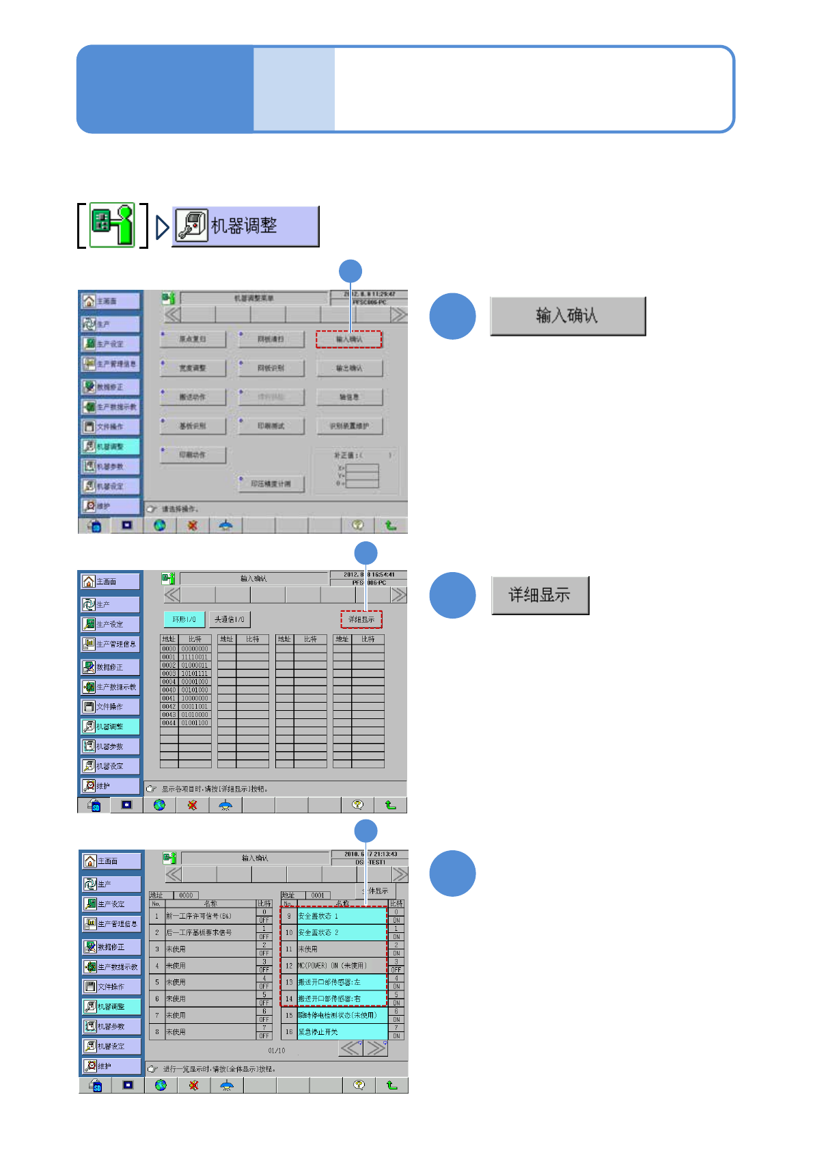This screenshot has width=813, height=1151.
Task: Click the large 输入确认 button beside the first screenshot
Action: (567, 316)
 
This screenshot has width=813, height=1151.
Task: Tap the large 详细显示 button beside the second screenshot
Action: (540, 595)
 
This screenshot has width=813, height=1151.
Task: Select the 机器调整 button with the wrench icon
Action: (245, 226)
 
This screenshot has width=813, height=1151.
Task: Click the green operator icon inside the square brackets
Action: (113, 224)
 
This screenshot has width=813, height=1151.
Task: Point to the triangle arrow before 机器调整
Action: (162, 227)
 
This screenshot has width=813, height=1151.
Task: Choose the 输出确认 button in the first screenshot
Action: (349, 368)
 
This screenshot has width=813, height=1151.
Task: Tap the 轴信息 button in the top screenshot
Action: (349, 397)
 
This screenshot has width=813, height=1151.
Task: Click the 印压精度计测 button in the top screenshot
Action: (271, 484)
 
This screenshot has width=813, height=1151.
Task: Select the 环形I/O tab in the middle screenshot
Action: (184, 619)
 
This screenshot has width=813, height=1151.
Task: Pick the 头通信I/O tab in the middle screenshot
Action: (230, 619)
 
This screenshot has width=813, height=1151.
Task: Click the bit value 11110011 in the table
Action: (195, 657)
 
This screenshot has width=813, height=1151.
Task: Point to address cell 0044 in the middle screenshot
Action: (169, 722)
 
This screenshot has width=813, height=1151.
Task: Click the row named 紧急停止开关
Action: (342, 1032)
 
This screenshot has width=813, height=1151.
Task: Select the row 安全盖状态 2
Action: (342, 932)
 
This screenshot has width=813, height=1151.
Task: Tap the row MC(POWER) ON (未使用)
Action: (342, 966)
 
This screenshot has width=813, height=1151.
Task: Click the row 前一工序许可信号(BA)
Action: (210, 916)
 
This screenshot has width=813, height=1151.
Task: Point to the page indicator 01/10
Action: (277, 1051)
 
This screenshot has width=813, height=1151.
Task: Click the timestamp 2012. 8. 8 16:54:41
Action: (369, 575)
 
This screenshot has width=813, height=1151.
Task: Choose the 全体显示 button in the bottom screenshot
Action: (377, 891)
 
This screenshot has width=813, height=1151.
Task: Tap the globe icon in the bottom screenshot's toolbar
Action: (161, 1085)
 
